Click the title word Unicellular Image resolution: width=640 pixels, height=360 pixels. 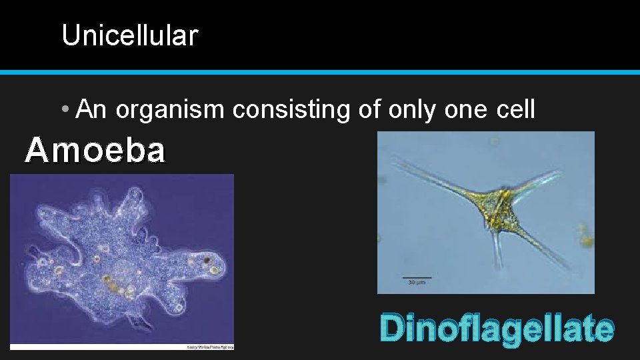129,35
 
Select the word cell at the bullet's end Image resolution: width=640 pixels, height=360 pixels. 515,109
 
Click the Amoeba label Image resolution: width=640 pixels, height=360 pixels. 95,151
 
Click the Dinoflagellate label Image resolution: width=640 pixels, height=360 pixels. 497,329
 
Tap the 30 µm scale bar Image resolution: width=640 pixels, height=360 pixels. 417,277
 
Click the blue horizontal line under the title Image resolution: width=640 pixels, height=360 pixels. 320,71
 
